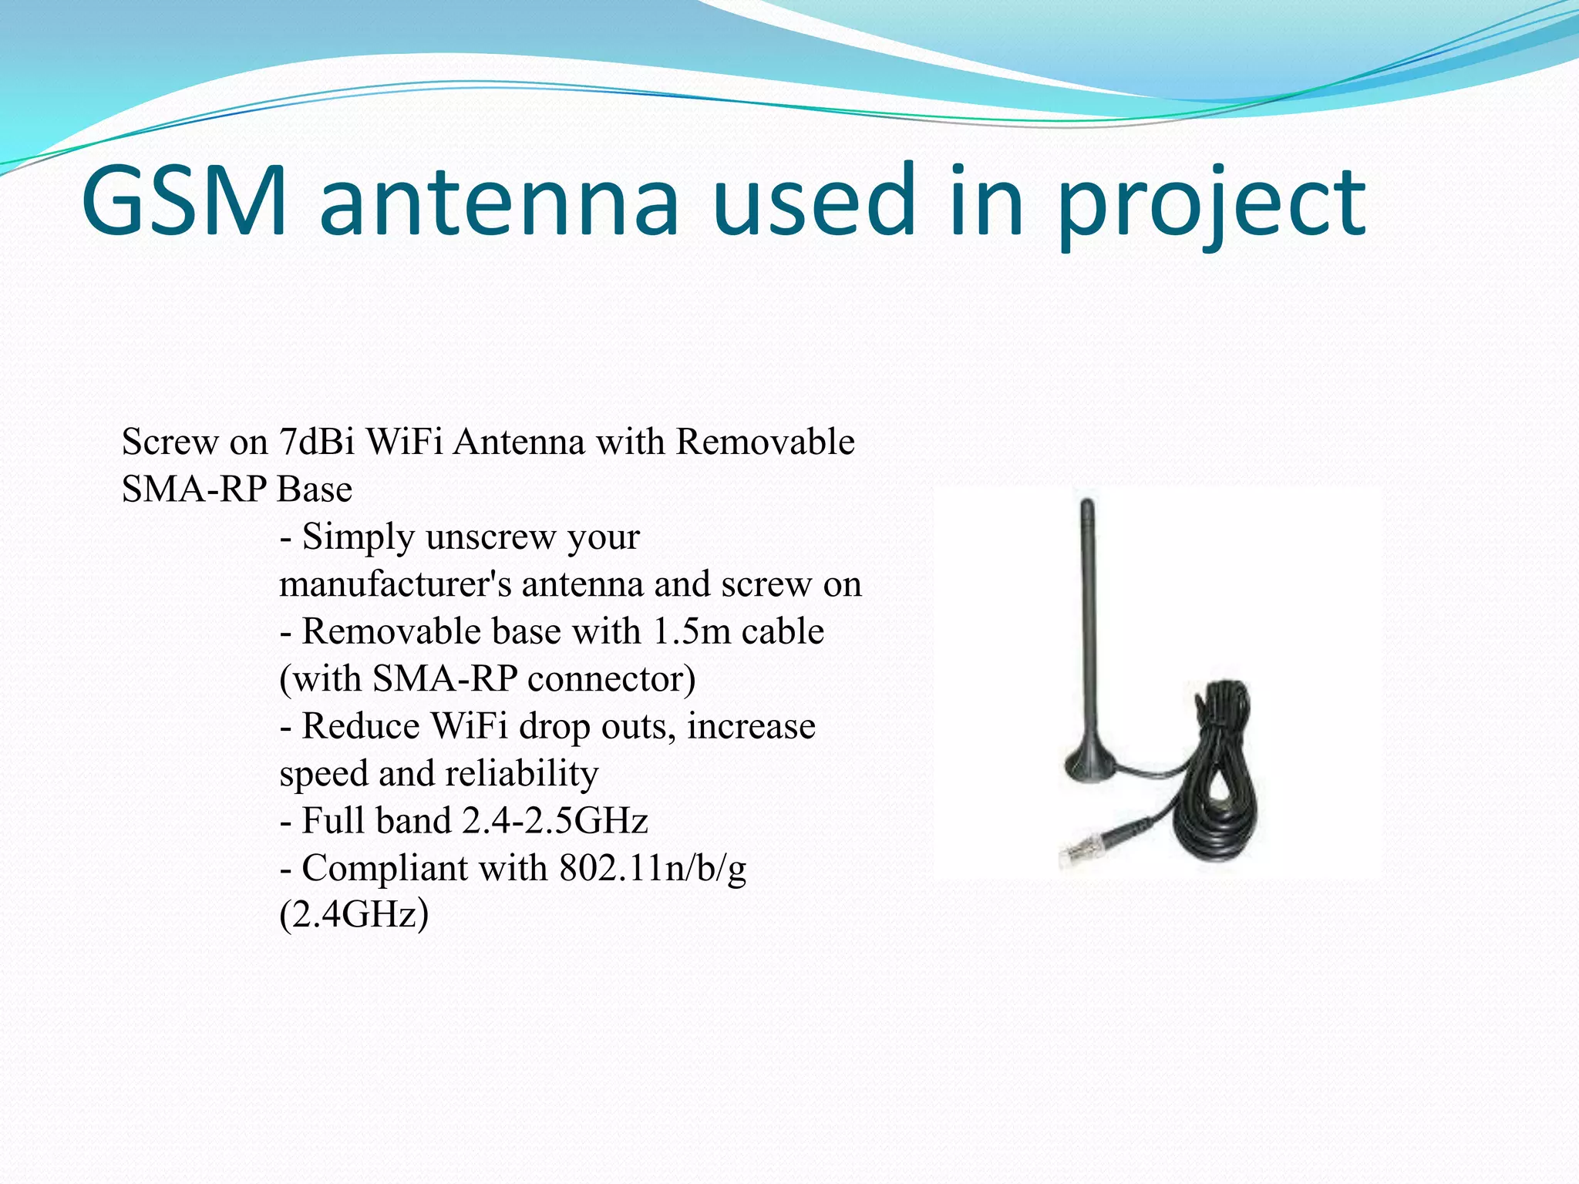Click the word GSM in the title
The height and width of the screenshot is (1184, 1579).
(183, 200)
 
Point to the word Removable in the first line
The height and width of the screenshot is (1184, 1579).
(765, 442)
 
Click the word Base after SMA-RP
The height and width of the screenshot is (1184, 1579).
(315, 489)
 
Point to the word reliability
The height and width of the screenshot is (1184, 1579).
(521, 773)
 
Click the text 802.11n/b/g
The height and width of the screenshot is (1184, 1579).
(652, 869)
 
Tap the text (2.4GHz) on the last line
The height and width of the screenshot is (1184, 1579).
(353, 916)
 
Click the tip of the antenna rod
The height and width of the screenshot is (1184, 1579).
(1087, 506)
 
